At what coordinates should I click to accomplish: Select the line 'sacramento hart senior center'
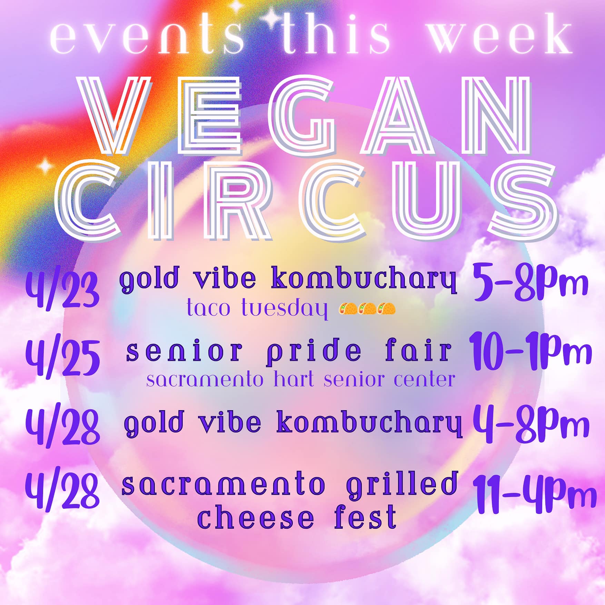pyautogui.click(x=300, y=379)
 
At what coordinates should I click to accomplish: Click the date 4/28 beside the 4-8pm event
pyautogui.click(x=62, y=426)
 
